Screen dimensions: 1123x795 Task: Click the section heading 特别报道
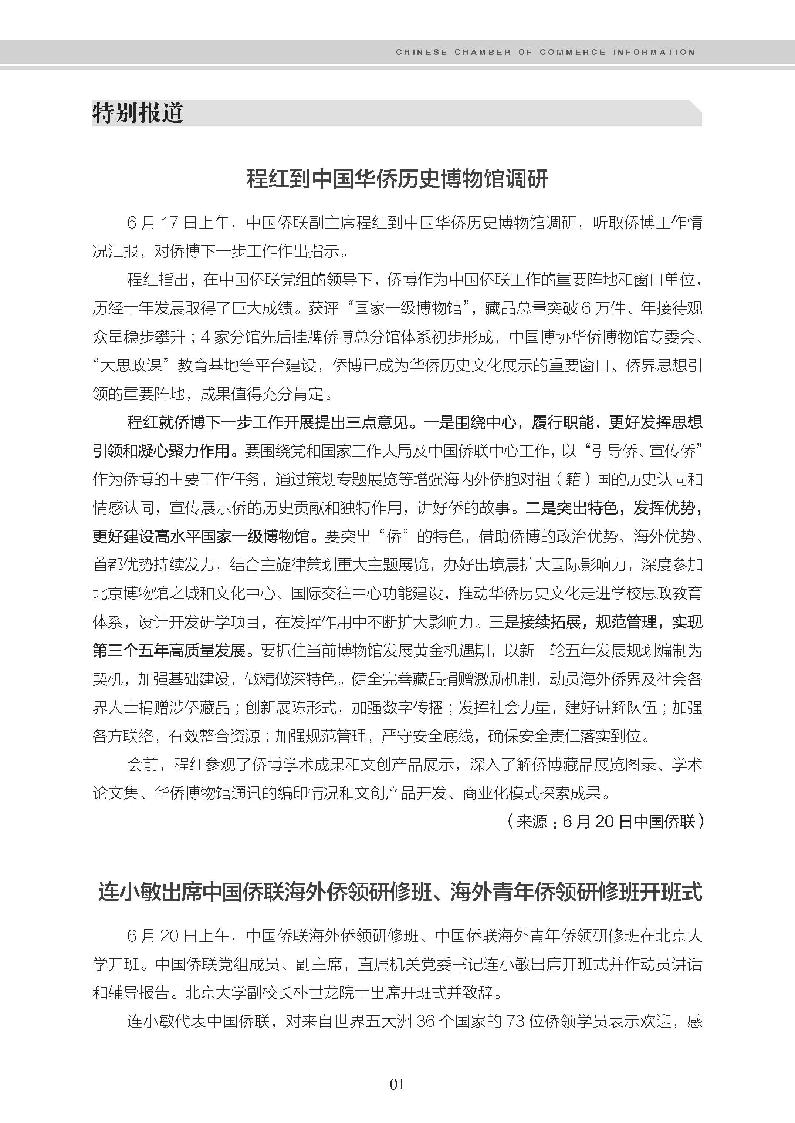(x=138, y=113)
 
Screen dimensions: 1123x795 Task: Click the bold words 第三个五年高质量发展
(x=169, y=650)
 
